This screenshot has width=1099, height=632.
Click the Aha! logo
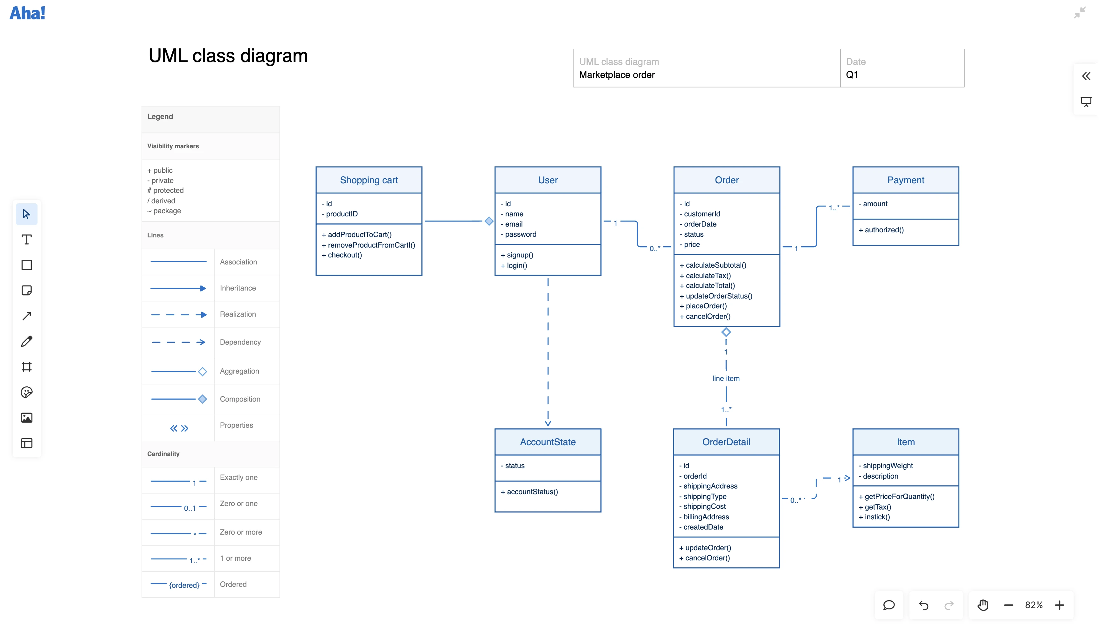pos(27,13)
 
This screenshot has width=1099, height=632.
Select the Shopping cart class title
pos(369,180)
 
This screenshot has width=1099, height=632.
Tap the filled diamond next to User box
pos(489,221)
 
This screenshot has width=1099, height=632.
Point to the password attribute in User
pos(521,235)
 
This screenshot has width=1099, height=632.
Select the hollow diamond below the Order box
pos(726,333)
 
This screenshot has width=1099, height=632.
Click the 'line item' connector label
pos(726,378)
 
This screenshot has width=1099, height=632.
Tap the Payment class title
pos(906,180)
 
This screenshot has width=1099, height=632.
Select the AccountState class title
pos(548,442)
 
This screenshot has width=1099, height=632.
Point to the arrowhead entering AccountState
pos(548,423)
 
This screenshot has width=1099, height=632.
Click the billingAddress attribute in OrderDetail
pos(706,517)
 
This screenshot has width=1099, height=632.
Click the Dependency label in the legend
pos(240,342)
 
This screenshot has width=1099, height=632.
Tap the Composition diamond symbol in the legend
pos(203,399)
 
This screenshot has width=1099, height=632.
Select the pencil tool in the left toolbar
pos(26,341)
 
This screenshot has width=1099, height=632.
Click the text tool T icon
pos(26,240)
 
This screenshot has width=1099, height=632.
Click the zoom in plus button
pos(1060,605)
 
